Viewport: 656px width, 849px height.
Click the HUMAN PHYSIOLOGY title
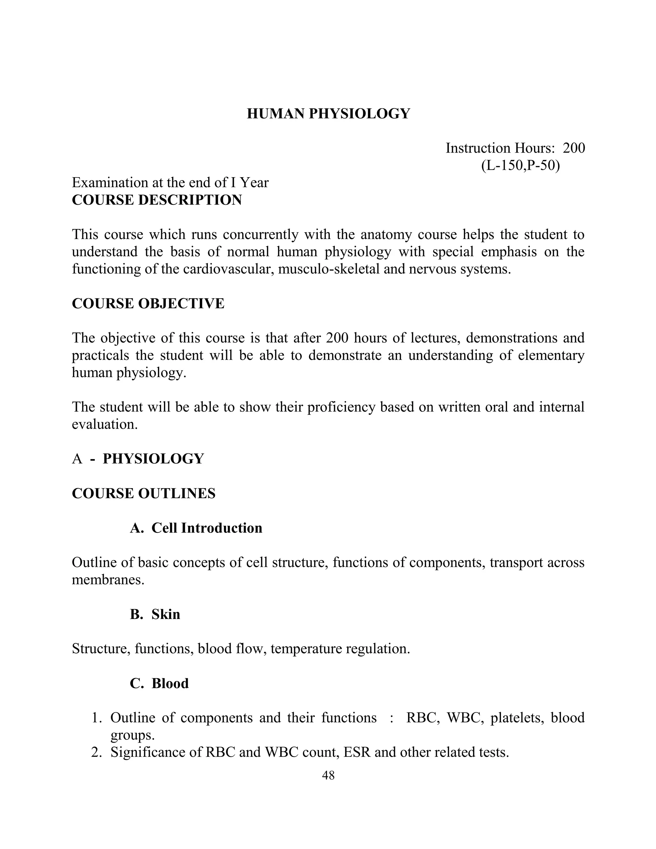328,113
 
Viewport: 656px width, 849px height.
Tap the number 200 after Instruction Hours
574,148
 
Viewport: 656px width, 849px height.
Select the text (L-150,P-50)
521,166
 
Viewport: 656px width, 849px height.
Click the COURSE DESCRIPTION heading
157,200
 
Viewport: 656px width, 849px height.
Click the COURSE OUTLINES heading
143,493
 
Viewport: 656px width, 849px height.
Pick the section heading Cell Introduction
207,528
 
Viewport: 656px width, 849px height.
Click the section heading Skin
166,614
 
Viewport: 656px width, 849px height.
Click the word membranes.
108,580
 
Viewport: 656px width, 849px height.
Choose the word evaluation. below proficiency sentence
105,424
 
